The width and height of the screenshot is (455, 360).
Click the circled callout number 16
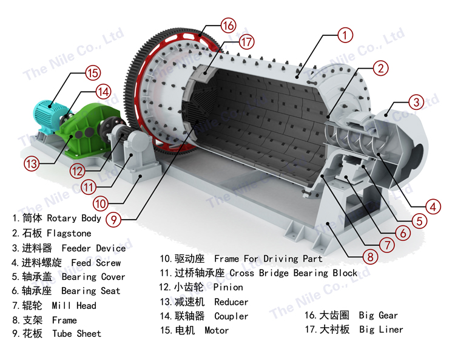[x=228, y=25]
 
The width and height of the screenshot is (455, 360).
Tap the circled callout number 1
[x=345, y=35]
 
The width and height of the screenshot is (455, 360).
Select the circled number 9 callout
[x=114, y=220]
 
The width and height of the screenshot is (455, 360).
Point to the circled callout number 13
[x=32, y=164]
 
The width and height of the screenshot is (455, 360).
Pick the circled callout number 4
[x=433, y=206]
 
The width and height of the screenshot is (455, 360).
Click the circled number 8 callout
[x=370, y=257]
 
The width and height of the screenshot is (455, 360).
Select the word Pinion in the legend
[x=228, y=287]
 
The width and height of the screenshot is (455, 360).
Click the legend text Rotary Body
[x=74, y=218]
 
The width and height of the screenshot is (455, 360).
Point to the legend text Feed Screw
[x=96, y=263]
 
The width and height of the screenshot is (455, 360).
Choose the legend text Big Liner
[x=381, y=329]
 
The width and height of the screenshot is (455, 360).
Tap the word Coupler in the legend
[x=231, y=316]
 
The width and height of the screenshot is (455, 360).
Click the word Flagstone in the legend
[x=69, y=233]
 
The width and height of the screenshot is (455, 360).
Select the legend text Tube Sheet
[x=76, y=333]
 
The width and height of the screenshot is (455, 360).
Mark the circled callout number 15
[x=93, y=73]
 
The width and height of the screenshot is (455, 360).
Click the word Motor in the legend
[x=217, y=330]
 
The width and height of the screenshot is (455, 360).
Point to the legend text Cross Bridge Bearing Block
[x=293, y=273]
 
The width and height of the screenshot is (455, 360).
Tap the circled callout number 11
[x=89, y=187]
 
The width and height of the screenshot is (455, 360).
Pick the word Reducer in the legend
[x=231, y=302]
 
